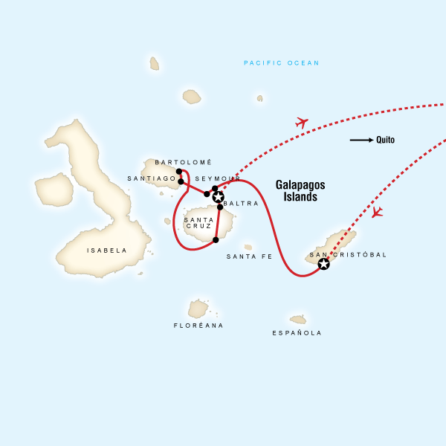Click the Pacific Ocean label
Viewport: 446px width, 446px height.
click(x=282, y=63)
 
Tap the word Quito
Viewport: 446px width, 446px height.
click(x=386, y=140)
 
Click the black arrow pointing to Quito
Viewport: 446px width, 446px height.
click(x=361, y=140)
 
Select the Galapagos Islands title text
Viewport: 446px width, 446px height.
click(x=300, y=190)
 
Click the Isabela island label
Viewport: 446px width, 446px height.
click(x=107, y=251)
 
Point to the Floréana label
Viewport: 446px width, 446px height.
click(x=198, y=326)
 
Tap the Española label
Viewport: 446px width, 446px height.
click(x=297, y=333)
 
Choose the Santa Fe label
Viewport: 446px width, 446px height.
click(x=249, y=256)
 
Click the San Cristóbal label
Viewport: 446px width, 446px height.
click(x=348, y=255)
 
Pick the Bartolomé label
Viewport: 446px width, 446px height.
click(x=184, y=162)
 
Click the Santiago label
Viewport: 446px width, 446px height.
click(x=151, y=178)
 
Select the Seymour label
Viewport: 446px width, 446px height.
click(x=216, y=179)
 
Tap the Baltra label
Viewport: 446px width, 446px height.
click(x=241, y=203)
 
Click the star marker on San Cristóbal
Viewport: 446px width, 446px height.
click(x=323, y=264)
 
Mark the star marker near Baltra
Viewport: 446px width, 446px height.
click(x=218, y=197)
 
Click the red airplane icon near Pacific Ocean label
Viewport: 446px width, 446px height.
click(x=301, y=122)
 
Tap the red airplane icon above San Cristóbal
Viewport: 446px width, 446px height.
click(x=377, y=213)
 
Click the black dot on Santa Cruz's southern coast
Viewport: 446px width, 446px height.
click(x=216, y=240)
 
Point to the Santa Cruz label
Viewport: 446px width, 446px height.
click(x=199, y=223)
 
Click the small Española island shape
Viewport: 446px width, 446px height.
click(x=298, y=320)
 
